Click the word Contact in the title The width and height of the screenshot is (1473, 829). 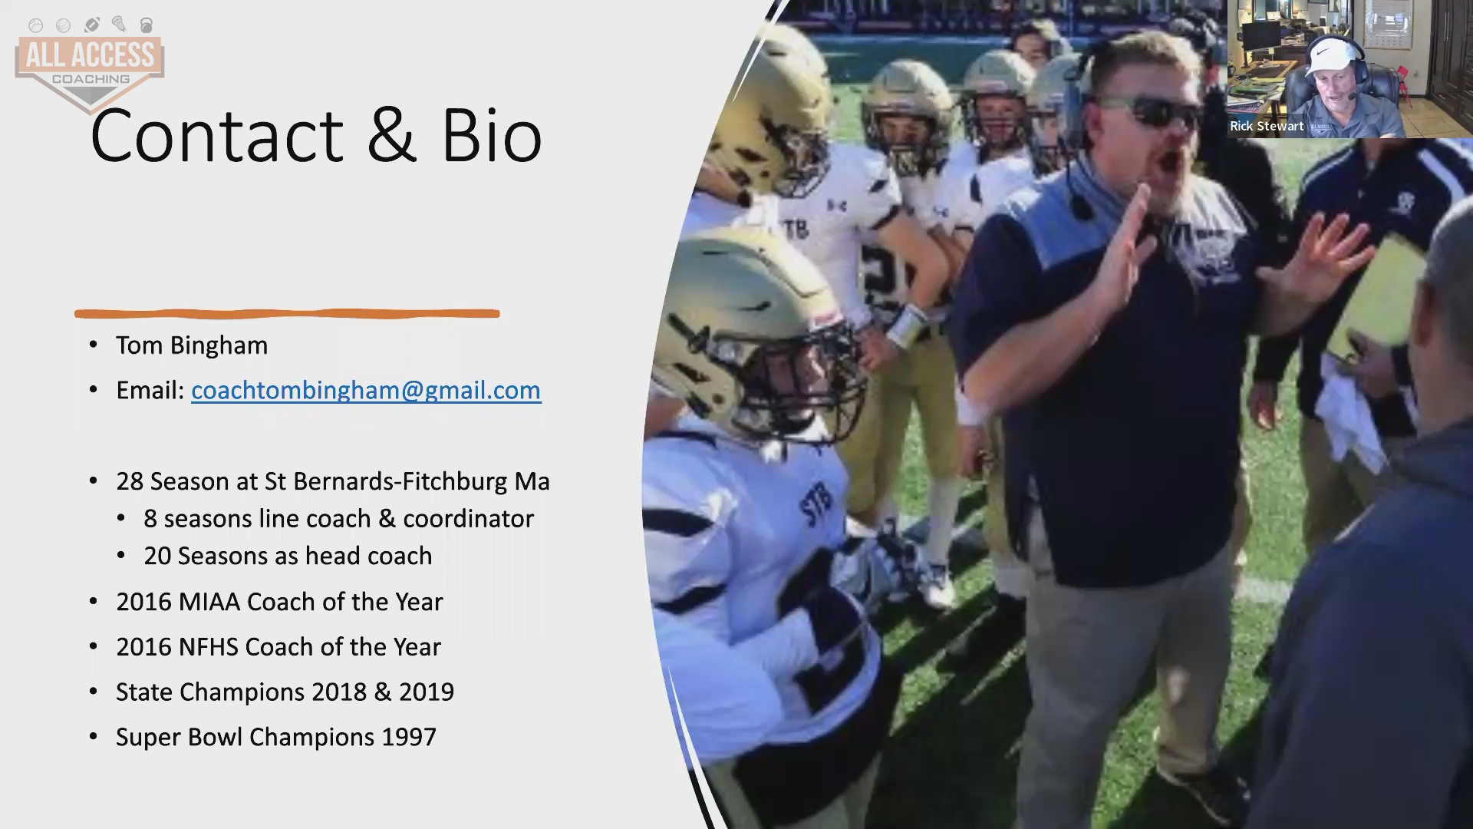tap(216, 136)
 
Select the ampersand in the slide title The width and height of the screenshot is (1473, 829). tap(392, 136)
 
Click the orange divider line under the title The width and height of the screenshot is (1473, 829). tap(287, 313)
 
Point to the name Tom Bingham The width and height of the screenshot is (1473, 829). tap(192, 345)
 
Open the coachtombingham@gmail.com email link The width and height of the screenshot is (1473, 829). tap(366, 390)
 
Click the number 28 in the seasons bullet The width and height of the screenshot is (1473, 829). tap(130, 481)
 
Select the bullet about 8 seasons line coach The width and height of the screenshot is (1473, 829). tap(338, 519)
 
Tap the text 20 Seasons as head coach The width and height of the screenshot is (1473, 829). tap(288, 556)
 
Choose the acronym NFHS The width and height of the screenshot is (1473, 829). tap(209, 647)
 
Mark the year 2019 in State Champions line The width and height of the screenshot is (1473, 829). tap(427, 692)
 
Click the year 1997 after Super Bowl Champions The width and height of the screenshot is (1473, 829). tap(409, 737)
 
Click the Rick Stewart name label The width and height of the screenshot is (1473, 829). tap(1267, 126)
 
